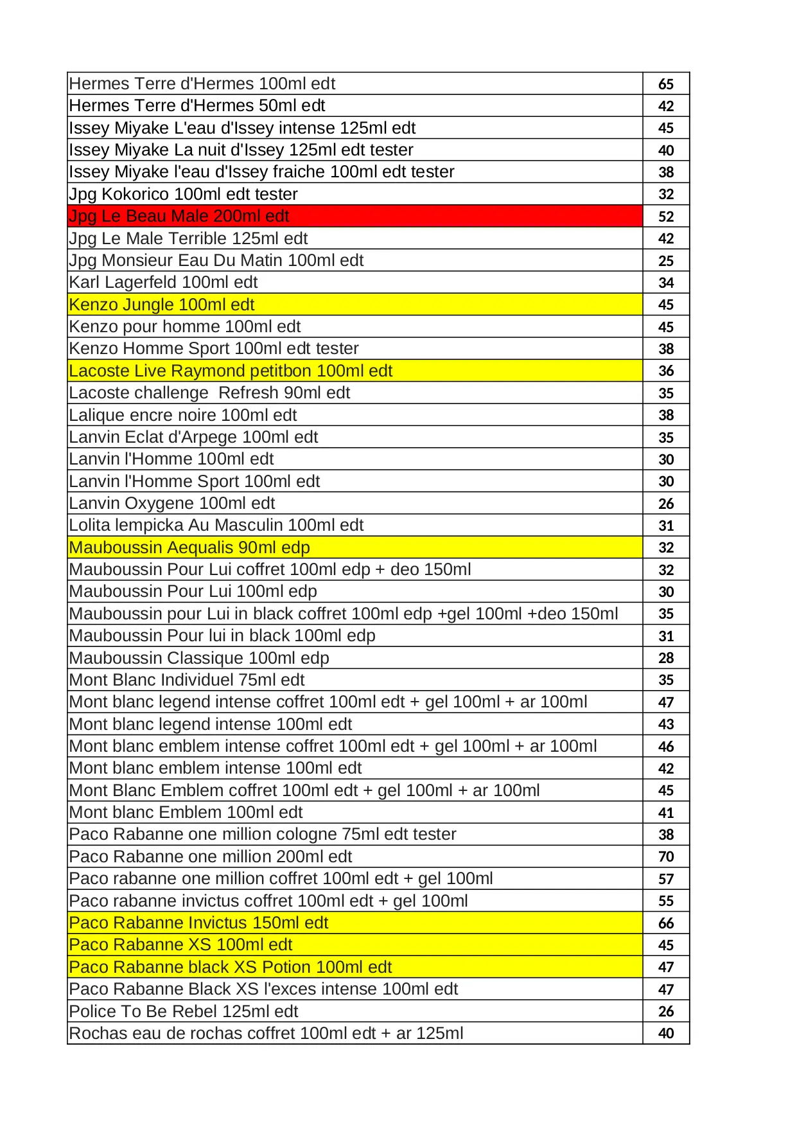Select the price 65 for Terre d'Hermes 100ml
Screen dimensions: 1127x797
[x=666, y=84]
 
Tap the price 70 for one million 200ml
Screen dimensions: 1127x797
[x=666, y=856]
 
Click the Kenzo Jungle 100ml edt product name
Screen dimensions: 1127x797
[x=162, y=305]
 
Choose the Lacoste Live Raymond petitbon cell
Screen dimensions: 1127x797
[x=231, y=371]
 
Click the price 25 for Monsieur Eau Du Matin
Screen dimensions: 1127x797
[x=666, y=261]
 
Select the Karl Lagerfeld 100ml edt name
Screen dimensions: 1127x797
[x=163, y=283]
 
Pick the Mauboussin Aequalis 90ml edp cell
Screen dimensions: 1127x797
[x=189, y=547]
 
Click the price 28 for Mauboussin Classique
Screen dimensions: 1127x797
[x=666, y=658]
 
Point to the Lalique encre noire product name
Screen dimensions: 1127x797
[x=183, y=415]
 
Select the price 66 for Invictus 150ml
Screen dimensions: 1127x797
[x=666, y=923]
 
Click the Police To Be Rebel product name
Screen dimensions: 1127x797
[x=184, y=1011]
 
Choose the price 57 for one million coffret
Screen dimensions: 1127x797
[x=666, y=879]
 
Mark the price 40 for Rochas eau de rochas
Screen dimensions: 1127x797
[x=666, y=1034]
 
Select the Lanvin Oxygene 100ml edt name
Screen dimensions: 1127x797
[x=172, y=503]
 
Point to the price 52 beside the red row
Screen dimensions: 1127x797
[x=666, y=217]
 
